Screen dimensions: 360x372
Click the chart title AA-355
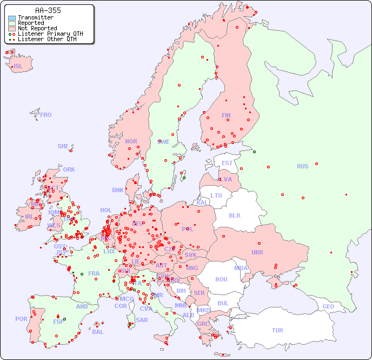48,10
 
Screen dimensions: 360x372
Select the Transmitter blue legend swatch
11,17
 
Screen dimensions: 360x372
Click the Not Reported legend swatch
11,28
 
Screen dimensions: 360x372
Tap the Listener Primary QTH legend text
50,34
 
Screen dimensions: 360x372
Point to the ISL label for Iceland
18,67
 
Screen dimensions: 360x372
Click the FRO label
46,115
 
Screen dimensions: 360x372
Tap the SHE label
63,146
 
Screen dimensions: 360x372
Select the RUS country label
302,166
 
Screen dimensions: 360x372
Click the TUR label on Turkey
277,330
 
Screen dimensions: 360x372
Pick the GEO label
328,306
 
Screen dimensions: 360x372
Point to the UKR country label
257,252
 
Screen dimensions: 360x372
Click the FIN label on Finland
226,115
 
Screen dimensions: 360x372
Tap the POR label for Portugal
21,319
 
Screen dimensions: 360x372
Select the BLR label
234,215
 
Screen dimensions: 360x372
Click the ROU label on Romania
221,279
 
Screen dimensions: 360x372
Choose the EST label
227,163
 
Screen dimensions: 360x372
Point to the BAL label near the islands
97,332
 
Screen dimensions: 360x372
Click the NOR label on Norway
131,141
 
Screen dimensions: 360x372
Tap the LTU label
216,195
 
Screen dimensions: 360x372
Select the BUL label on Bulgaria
223,303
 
